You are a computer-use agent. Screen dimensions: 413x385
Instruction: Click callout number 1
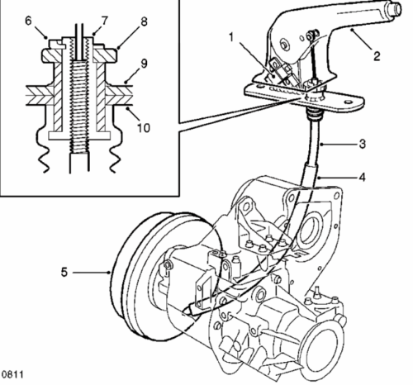(x=231, y=37)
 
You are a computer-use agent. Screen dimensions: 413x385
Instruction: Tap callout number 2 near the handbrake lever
(x=377, y=56)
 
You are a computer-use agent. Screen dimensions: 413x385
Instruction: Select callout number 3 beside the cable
(x=363, y=144)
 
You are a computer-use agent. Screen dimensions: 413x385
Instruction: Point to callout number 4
(x=363, y=177)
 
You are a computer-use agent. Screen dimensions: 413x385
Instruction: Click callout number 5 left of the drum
(x=64, y=273)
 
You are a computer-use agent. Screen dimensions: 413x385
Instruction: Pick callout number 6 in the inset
(x=28, y=21)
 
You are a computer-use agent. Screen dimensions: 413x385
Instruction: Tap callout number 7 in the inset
(x=105, y=21)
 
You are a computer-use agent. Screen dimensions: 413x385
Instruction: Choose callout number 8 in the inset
(x=144, y=21)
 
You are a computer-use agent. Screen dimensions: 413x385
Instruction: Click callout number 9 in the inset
(x=144, y=64)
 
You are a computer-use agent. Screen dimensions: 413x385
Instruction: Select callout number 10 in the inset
(x=144, y=128)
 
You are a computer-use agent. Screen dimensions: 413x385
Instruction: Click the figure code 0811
(x=12, y=374)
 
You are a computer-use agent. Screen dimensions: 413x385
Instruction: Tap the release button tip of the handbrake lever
(x=396, y=10)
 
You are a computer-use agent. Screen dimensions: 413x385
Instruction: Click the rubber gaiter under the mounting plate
(x=315, y=114)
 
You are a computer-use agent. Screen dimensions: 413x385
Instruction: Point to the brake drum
(x=154, y=275)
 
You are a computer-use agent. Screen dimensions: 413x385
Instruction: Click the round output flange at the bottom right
(x=323, y=349)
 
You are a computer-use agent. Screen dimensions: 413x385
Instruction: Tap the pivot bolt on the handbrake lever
(x=283, y=44)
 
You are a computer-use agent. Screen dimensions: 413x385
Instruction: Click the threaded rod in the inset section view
(x=78, y=106)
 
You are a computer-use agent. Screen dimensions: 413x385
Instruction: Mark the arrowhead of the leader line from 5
(x=109, y=273)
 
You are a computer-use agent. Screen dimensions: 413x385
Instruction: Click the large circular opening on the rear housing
(x=312, y=231)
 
